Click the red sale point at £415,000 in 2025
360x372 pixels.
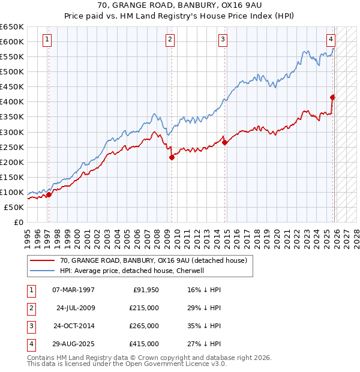tap(333, 97)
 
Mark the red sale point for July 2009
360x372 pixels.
tap(172, 157)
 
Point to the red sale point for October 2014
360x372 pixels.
tap(224, 142)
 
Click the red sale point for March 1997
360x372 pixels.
tap(49, 194)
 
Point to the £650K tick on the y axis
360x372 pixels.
tap(12, 27)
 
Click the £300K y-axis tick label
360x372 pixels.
tap(12, 132)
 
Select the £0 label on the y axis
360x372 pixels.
tap(18, 223)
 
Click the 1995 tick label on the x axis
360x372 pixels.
tap(27, 236)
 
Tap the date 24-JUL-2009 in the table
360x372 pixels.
tap(76, 308)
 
